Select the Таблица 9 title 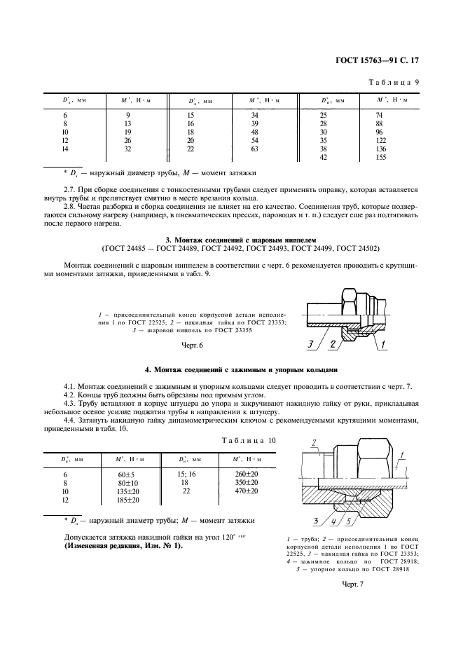click(x=394, y=82)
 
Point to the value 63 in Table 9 click(x=255, y=149)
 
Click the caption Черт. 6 click(x=191, y=346)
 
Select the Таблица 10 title click(x=249, y=439)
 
